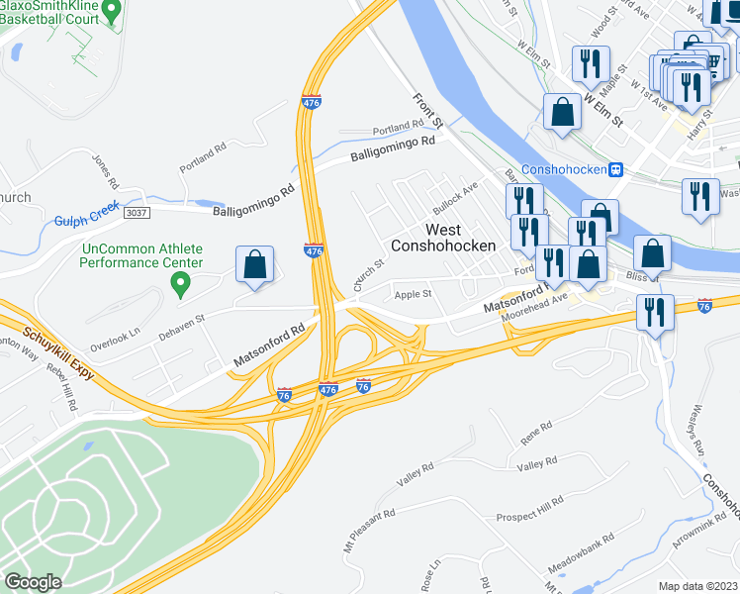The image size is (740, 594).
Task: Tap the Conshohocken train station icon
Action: pyautogui.click(x=615, y=169)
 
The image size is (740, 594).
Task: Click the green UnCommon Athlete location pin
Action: pyautogui.click(x=180, y=285)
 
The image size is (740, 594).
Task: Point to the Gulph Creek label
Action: pyautogui.click(x=86, y=221)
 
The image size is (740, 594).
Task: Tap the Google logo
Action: pyautogui.click(x=33, y=581)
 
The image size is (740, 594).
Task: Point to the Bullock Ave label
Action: pyautogui.click(x=458, y=190)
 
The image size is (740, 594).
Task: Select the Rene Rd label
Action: pyautogui.click(x=535, y=431)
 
